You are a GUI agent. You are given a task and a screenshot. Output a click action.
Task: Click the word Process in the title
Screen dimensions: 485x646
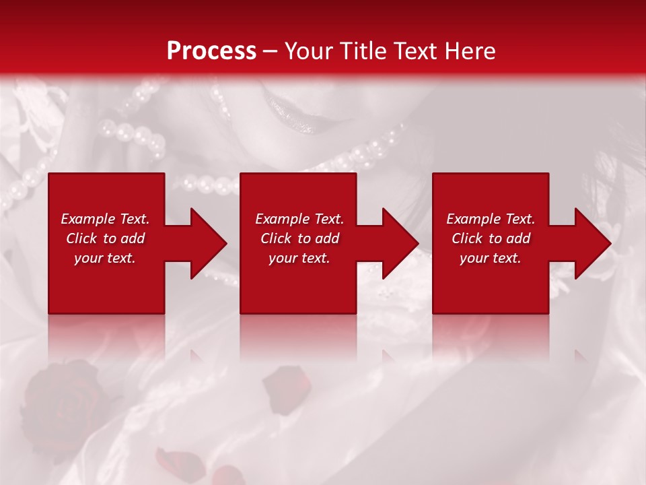click(211, 51)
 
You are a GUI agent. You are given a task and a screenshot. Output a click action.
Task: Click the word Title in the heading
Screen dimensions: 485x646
click(361, 51)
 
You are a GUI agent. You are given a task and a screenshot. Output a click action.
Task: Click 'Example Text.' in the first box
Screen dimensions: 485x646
click(105, 219)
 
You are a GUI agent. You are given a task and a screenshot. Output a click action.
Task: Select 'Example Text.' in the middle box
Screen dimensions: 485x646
click(299, 219)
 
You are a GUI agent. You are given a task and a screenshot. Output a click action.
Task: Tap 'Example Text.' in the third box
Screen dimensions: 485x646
click(491, 219)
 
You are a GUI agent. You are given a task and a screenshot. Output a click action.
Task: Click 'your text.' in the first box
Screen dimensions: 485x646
click(105, 258)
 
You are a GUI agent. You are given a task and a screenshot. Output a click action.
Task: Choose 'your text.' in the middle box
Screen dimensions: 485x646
click(299, 258)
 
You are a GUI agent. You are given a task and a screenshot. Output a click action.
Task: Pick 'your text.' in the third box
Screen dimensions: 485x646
click(491, 258)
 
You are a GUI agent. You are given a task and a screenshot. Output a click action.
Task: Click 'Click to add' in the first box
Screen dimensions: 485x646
click(105, 238)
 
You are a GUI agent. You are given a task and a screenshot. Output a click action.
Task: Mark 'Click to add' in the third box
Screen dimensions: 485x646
click(491, 238)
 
